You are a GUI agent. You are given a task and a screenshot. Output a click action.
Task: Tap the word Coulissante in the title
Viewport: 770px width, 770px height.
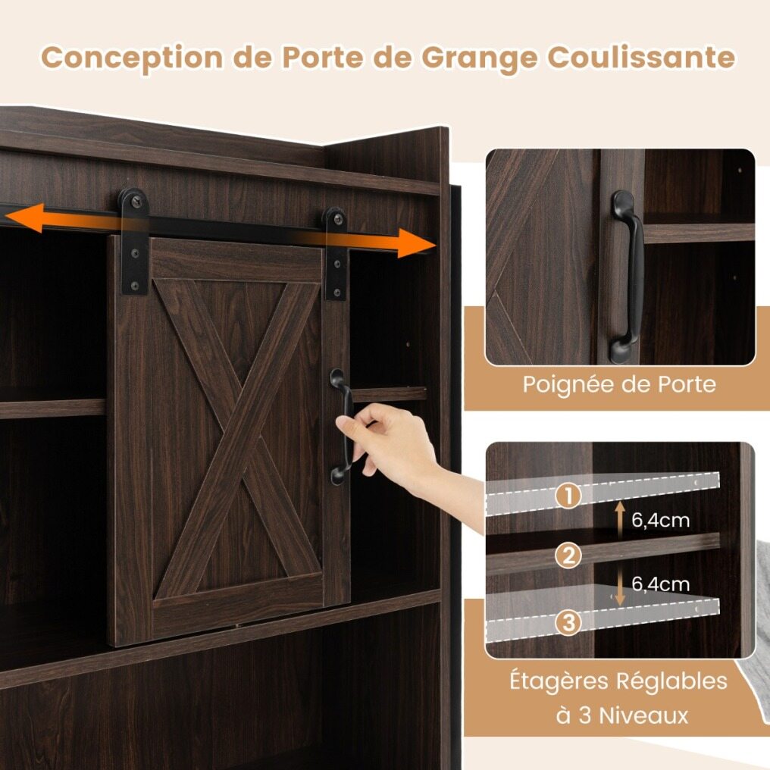click(641, 57)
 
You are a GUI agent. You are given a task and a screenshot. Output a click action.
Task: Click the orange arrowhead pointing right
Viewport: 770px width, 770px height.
click(415, 243)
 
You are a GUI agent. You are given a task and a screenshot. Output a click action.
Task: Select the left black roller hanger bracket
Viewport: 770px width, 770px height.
click(133, 241)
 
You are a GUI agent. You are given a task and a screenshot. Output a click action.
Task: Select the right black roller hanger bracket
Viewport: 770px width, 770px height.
click(336, 253)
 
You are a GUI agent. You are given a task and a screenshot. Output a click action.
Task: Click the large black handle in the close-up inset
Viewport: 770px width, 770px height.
click(627, 277)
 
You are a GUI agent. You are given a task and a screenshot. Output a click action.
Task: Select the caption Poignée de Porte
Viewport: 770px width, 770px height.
click(618, 384)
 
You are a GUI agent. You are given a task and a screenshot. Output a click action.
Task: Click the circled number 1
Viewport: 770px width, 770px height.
click(568, 495)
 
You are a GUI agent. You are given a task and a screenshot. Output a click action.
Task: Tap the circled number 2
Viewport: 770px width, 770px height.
click(568, 556)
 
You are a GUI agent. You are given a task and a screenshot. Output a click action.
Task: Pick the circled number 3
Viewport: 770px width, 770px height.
click(568, 621)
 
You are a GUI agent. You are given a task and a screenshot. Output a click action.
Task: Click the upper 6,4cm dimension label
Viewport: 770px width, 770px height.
click(661, 520)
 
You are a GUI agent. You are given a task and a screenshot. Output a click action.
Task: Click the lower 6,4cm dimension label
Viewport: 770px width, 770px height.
click(661, 584)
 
